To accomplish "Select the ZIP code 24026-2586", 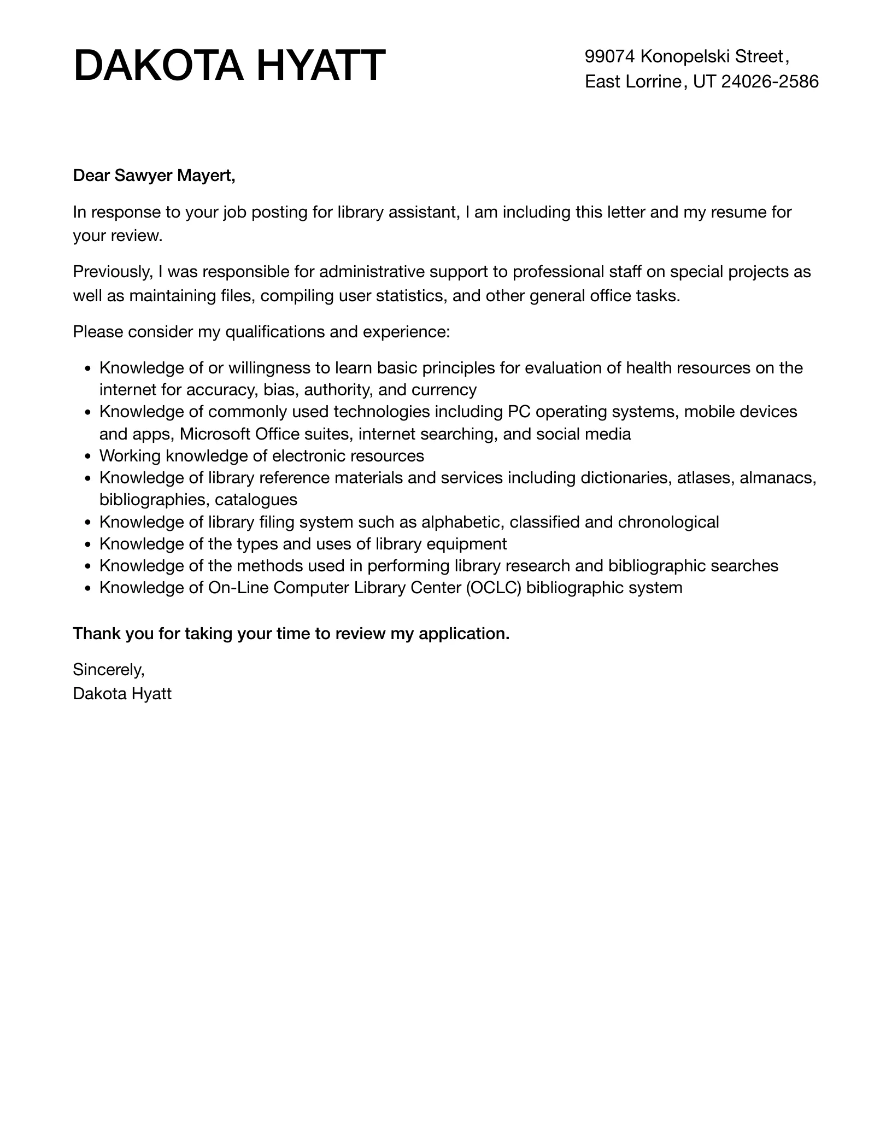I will click(x=770, y=81).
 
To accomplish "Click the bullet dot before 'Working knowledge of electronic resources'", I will click(x=87, y=457).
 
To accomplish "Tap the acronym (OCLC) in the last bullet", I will click(x=494, y=588).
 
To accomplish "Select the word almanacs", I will click(x=777, y=478).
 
